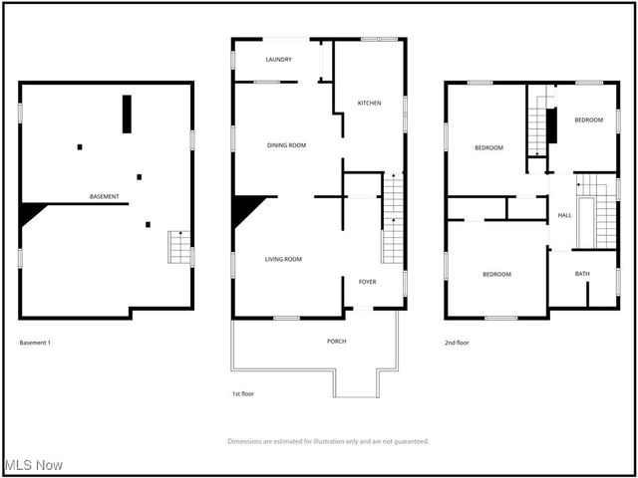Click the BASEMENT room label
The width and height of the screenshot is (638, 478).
click(x=105, y=196)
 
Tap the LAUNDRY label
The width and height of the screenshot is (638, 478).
click(x=279, y=60)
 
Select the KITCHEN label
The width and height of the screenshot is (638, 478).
click(x=370, y=103)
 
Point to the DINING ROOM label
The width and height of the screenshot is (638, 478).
click(x=286, y=145)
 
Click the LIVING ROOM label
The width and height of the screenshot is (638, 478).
click(x=283, y=259)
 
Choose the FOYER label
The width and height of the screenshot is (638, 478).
click(x=367, y=282)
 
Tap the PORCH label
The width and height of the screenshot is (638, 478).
click(x=337, y=341)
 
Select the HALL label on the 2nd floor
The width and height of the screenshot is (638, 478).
click(x=564, y=215)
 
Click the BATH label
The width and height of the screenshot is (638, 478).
click(x=582, y=273)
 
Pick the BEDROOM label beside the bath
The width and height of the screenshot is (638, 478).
click(x=496, y=274)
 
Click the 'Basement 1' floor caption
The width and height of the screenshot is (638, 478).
click(x=35, y=343)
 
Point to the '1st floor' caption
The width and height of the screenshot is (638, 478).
click(x=242, y=393)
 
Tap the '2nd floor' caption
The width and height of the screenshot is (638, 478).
click(x=458, y=343)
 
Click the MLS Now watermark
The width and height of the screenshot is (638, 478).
click(x=33, y=466)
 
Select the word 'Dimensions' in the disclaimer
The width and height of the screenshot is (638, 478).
click(x=245, y=440)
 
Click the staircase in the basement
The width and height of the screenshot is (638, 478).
click(x=177, y=246)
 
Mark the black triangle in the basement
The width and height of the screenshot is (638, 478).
click(x=31, y=211)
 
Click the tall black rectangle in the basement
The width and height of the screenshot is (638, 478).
click(x=127, y=114)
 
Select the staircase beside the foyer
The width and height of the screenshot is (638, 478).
click(x=393, y=219)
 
